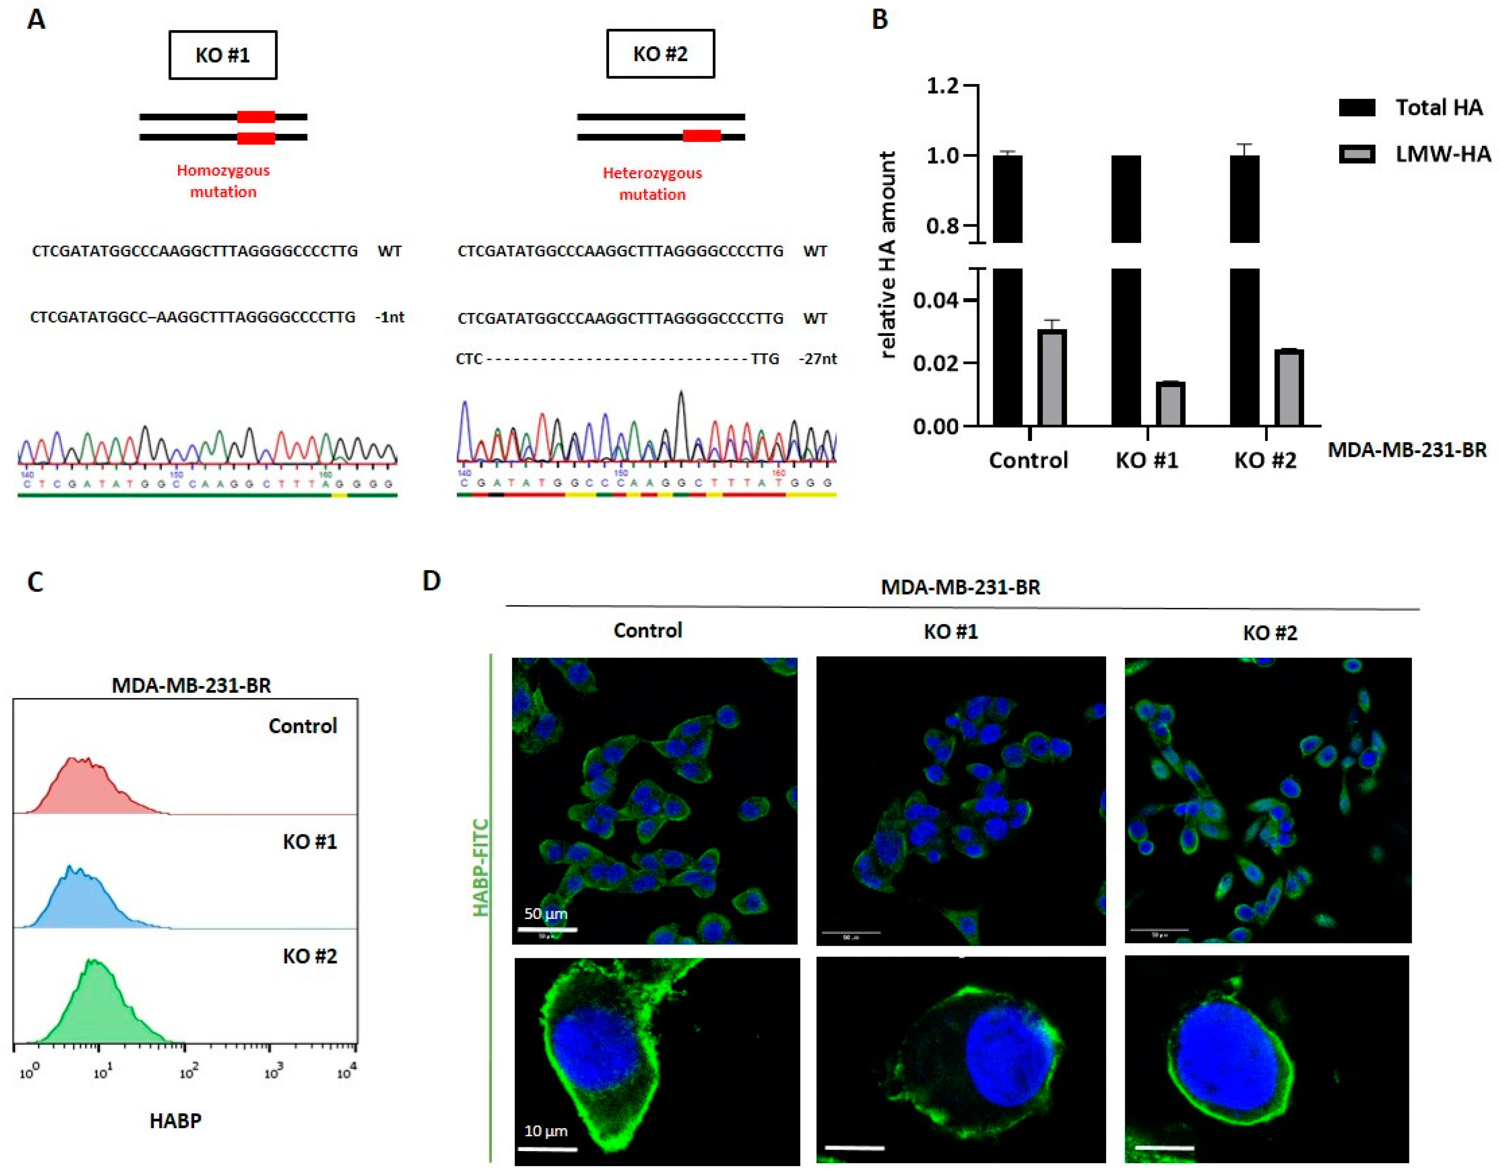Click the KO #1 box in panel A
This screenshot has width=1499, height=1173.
223,55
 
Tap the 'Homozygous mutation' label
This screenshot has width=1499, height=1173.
223,180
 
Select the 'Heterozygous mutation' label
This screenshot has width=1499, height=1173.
652,183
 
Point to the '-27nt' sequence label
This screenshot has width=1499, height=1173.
818,359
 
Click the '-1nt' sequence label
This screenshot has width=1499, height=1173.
389,317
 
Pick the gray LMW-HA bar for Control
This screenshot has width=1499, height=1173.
1052,378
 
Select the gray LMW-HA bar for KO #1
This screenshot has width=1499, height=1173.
1170,404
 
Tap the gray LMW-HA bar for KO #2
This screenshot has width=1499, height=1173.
1289,388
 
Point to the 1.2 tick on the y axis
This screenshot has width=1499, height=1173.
942,86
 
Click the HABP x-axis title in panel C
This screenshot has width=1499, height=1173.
176,1121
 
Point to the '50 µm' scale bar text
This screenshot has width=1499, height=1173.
545,914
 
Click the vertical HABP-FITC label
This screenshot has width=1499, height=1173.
481,867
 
